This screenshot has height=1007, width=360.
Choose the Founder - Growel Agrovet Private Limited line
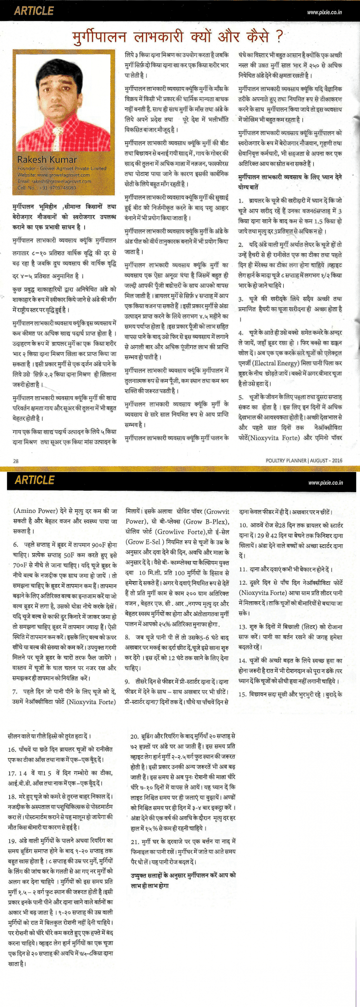[61, 168]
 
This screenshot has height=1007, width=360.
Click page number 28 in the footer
[16, 460]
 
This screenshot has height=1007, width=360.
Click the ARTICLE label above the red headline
[33, 11]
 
